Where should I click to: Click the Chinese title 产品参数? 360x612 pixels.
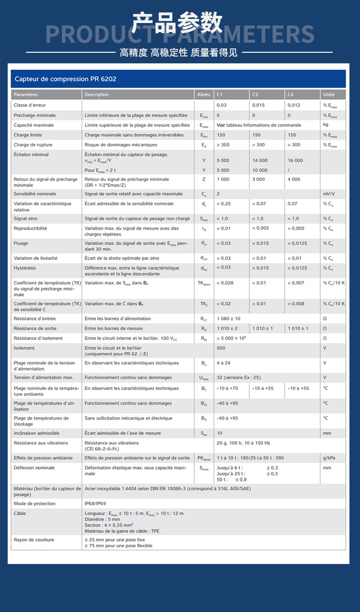click(x=178, y=23)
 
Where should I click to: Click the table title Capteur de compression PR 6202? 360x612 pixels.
click(x=65, y=79)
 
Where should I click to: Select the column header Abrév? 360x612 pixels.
click(x=204, y=94)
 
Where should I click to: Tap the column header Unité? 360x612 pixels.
click(x=329, y=94)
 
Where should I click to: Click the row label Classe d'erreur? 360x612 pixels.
click(x=30, y=105)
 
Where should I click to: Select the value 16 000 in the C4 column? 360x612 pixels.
click(x=295, y=161)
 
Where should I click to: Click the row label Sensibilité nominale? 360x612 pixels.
click(x=35, y=194)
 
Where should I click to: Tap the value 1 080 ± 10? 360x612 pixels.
click(x=228, y=318)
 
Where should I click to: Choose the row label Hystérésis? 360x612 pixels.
click(x=25, y=268)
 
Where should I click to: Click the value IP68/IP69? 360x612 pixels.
click(x=95, y=504)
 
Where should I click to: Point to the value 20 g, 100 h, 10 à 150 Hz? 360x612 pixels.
click(x=243, y=443)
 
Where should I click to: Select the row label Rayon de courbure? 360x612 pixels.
click(x=34, y=540)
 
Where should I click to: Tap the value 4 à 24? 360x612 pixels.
click(x=223, y=363)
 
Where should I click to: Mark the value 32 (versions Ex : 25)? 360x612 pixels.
click(x=239, y=377)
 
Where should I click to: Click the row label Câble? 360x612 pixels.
click(x=20, y=513)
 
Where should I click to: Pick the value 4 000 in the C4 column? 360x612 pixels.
click(x=294, y=179)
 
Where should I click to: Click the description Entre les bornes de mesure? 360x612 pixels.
click(x=114, y=329)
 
